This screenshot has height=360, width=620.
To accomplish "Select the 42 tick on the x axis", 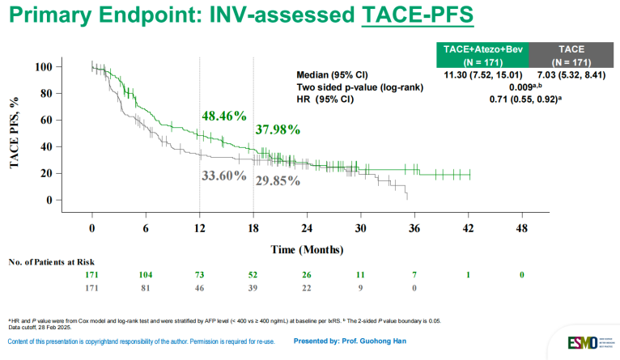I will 468,228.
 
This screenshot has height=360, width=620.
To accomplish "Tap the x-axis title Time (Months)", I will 305,249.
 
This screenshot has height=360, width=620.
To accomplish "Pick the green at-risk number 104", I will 145,276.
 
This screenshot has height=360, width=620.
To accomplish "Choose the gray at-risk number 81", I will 145,288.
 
